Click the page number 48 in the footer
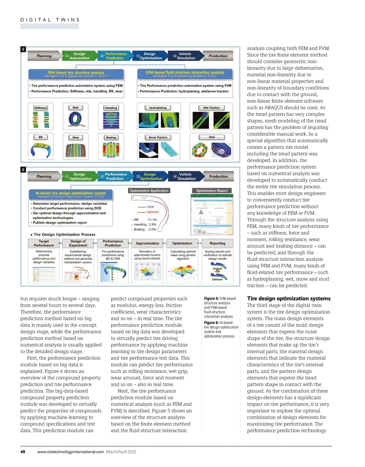pos(23,452)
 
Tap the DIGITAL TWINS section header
pos(50,20)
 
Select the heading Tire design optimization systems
pos(289,298)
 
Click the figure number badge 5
pos(23,49)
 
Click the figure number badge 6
pos(23,170)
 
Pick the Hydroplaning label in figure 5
pos(158,108)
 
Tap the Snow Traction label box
pos(158,138)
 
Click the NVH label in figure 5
pos(212,138)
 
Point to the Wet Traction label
pos(211,108)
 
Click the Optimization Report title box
pos(212,191)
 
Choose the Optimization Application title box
pos(149,191)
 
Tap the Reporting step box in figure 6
pos(217,243)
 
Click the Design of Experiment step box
pos(78,243)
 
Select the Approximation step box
pos(148,243)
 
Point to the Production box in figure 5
pos(218,56)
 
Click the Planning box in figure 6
pos(44,176)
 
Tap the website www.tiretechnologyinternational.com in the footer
pos(71,452)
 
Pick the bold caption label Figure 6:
pos(211,323)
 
